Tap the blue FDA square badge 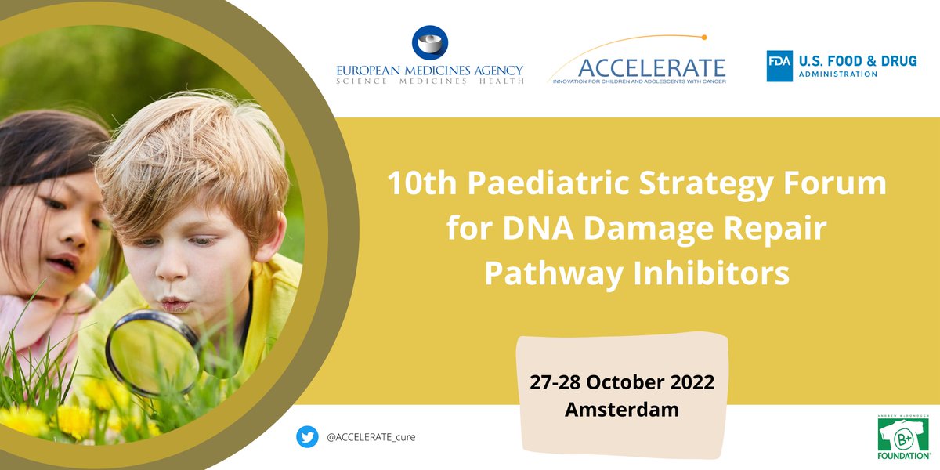779,66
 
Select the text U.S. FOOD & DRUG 857,60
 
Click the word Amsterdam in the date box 622,409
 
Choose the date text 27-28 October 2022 622,383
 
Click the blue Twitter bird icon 307,436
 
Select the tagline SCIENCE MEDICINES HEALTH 429,81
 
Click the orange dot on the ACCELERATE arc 704,37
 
